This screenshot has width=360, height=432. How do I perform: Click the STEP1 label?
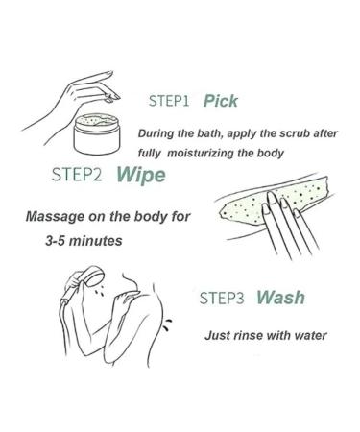pyautogui.click(x=170, y=100)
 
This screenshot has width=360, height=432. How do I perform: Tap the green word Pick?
pyautogui.click(x=221, y=100)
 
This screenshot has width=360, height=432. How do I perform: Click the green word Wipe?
pyautogui.click(x=140, y=176)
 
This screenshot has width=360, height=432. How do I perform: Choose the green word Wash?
pyautogui.click(x=281, y=298)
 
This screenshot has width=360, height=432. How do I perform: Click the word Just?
pyautogui.click(x=216, y=335)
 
